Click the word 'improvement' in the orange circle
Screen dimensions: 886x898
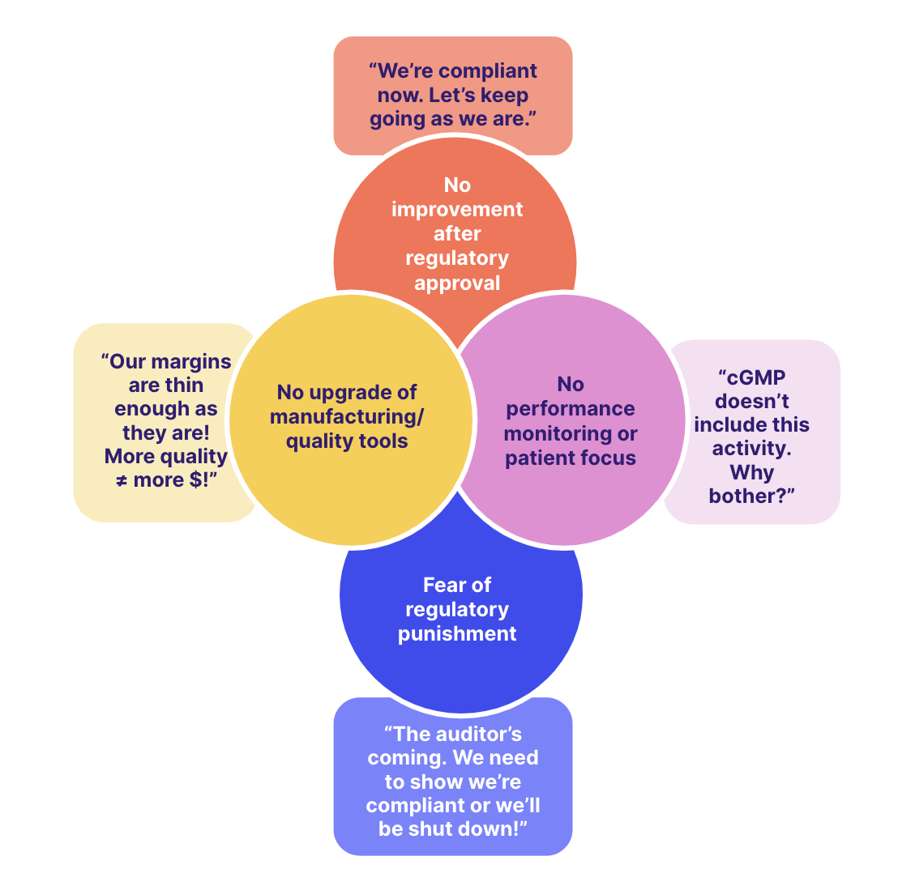[x=457, y=209]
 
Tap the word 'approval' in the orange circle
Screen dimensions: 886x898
[x=457, y=283]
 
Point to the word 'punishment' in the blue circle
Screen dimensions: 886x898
[x=457, y=633]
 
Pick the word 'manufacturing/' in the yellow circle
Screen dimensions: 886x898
[x=347, y=416]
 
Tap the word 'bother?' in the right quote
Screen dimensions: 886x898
[x=751, y=496]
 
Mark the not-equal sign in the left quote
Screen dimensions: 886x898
[x=122, y=480]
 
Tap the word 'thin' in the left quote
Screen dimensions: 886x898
[x=185, y=385]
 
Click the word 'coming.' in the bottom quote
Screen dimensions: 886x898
[x=406, y=758]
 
